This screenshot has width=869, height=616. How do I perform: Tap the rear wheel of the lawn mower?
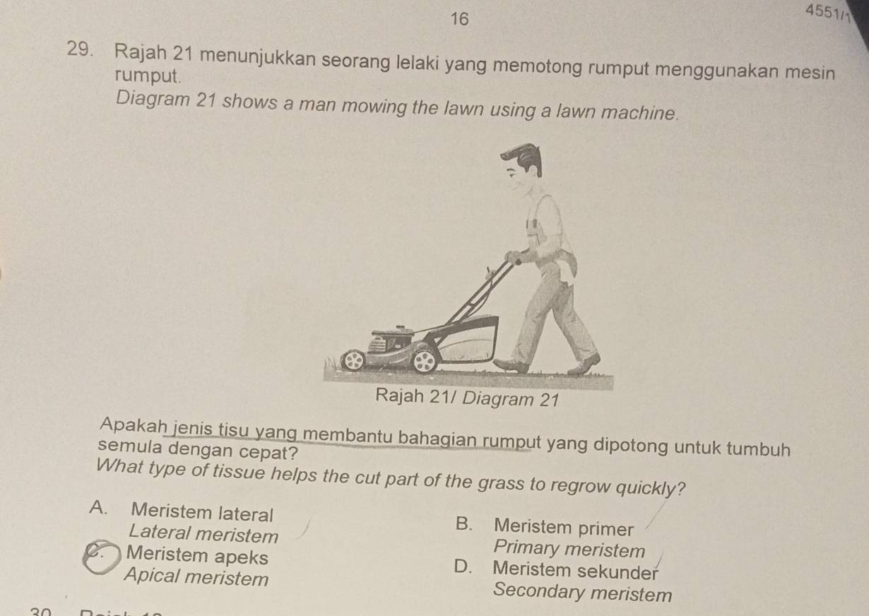pos(425,361)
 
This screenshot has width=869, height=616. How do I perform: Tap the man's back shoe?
pos(584,363)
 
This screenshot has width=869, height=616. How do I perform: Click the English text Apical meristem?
pos(196,578)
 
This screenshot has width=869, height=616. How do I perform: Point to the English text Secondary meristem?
pos(584,592)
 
